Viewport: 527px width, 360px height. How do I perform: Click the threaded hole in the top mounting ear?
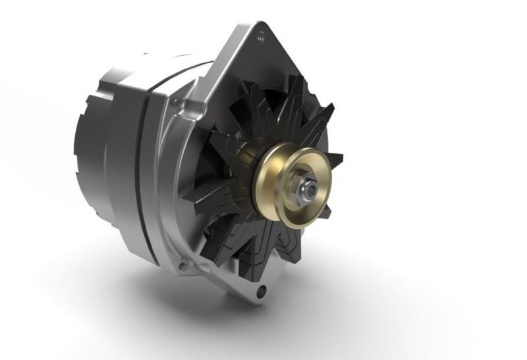pos(262,32)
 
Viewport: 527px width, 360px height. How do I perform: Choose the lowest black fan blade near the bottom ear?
pos(263,263)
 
